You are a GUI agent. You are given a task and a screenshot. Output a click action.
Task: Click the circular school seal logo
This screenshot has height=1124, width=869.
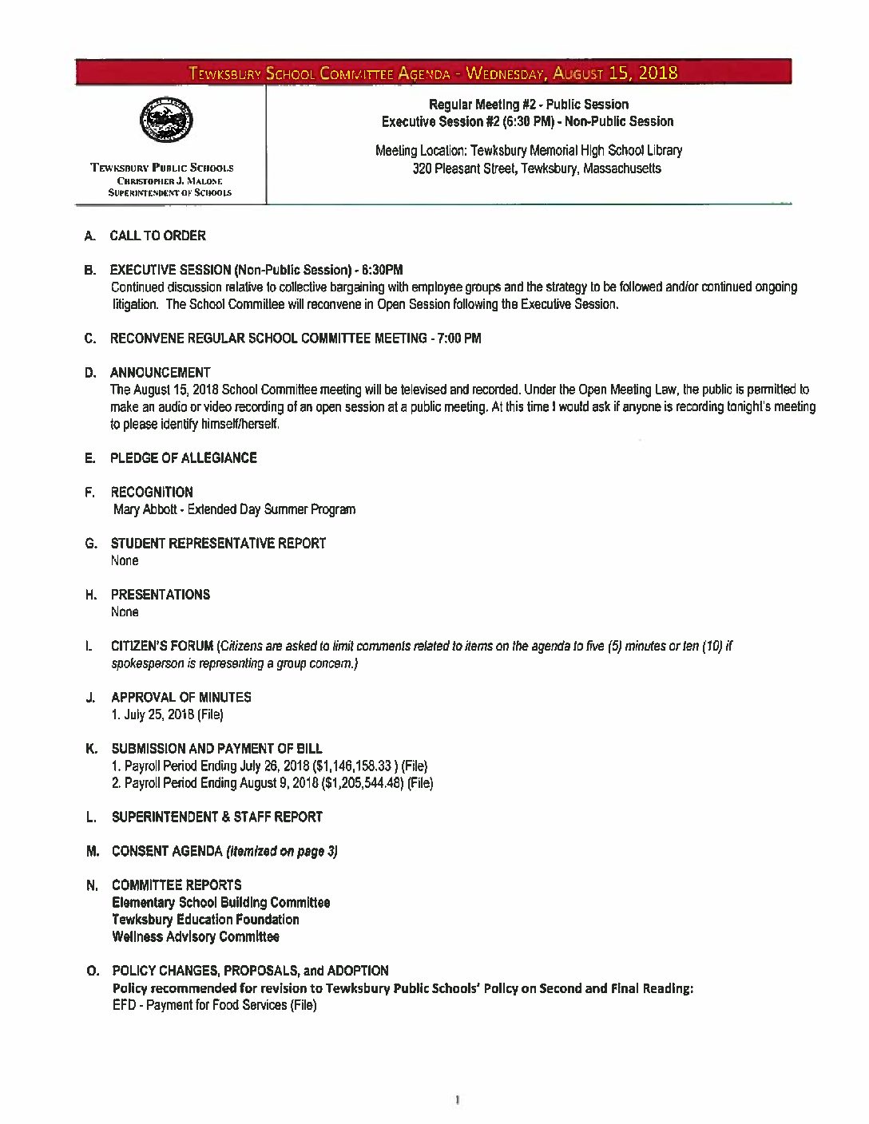point(165,123)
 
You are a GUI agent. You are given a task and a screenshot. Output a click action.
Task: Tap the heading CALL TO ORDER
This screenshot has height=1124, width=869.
point(157,235)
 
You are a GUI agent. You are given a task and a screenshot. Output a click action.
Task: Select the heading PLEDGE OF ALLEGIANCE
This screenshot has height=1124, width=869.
point(183,457)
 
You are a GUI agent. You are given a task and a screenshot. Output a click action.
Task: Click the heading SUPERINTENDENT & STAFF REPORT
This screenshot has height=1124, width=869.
point(216,817)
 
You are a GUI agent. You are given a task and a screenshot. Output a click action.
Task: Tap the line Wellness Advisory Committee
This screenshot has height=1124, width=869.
point(196,936)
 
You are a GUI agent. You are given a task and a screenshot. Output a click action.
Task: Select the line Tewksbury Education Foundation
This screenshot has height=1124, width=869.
point(205,919)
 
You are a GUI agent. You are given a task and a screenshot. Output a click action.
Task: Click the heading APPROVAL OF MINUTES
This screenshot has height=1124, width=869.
point(181,697)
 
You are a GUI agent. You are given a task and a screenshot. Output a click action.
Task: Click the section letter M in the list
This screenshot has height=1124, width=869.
point(92,851)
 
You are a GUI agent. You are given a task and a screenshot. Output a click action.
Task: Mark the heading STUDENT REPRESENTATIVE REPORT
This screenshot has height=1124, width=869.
point(218,544)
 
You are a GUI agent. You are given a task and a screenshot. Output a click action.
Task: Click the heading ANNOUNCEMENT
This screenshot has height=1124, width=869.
point(161,372)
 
